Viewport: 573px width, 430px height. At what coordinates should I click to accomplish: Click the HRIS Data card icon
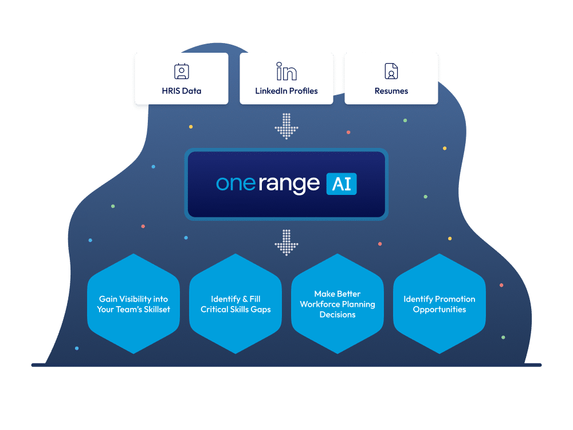coord(181,72)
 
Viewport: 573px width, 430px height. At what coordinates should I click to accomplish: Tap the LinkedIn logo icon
coord(286,72)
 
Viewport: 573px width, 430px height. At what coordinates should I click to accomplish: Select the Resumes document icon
coord(391,72)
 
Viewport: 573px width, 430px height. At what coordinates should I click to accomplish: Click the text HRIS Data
coord(181,91)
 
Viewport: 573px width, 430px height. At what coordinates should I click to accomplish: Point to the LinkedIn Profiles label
coord(286,91)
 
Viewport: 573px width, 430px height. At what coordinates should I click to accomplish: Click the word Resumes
coord(391,91)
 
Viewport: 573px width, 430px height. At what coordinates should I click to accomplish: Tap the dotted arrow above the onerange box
coord(286,126)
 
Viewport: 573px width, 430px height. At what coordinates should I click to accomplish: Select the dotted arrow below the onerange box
coord(286,243)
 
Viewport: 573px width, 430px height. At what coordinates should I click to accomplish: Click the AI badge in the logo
coord(342,184)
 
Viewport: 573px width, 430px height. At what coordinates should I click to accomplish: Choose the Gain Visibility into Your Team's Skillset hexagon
coord(134,303)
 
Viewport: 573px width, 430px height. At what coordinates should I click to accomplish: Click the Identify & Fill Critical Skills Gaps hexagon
coord(236,303)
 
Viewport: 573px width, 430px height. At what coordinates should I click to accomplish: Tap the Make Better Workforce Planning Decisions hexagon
coord(337,303)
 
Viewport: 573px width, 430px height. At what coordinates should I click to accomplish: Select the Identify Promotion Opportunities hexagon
coord(439,303)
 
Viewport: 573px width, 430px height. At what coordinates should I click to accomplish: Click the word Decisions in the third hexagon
coord(337,315)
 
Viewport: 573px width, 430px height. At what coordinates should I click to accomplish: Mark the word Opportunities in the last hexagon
coord(439,310)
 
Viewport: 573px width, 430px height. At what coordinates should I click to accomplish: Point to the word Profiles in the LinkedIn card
coord(304,91)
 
